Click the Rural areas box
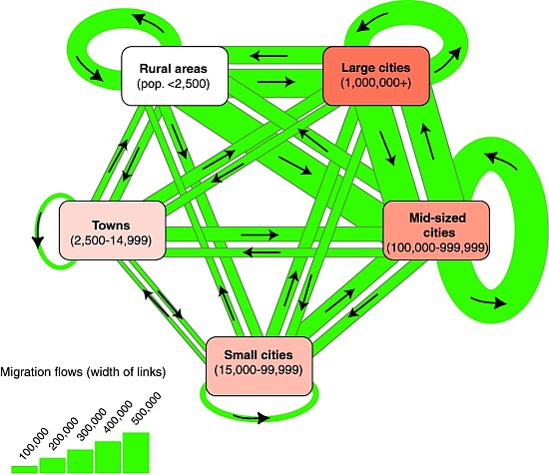tap(175, 76)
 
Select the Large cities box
tap(376, 76)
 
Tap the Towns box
tap(112, 231)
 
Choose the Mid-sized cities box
tap(436, 231)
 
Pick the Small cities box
tap(259, 366)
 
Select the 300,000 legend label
tap(92, 424)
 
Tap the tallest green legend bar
tap(136, 453)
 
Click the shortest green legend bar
tap(25, 469)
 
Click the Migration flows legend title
tap(83, 372)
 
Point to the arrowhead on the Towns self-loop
tap(38, 242)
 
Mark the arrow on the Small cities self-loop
tap(252, 417)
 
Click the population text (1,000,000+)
tap(376, 83)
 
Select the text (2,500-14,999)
tap(112, 240)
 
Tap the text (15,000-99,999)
tap(259, 369)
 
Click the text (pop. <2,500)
tap(174, 84)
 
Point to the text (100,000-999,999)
tap(437, 247)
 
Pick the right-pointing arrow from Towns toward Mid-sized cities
tap(260, 235)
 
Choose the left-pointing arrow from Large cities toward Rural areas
tap(269, 56)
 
